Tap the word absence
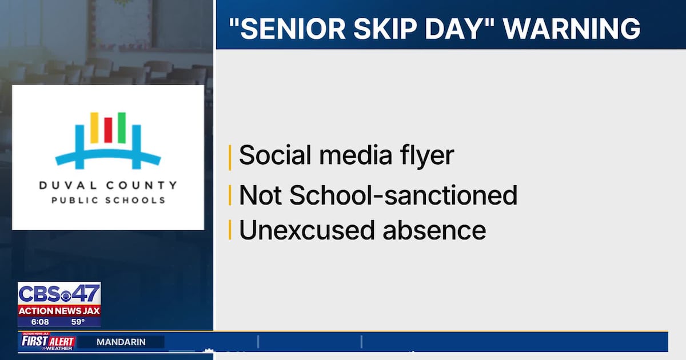[435, 230]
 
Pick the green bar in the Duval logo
[121, 127]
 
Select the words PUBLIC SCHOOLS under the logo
[108, 200]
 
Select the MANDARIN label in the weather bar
[121, 342]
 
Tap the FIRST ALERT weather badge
[48, 342]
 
